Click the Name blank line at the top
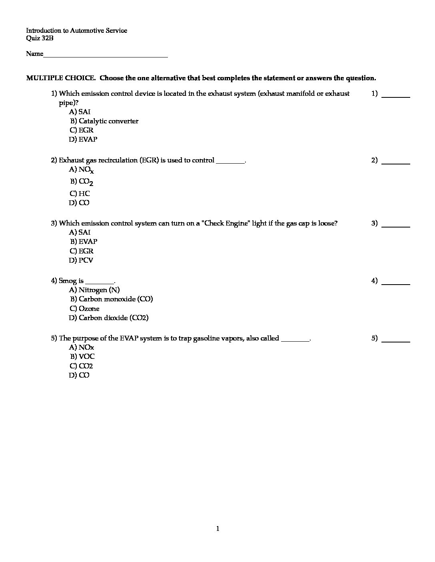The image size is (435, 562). (106, 56)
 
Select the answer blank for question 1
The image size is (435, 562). (396, 96)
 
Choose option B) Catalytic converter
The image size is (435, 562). (104, 121)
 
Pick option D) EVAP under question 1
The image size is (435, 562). (83, 139)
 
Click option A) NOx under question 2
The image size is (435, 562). (82, 170)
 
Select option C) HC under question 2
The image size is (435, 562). (80, 194)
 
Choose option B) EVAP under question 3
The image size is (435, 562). (84, 241)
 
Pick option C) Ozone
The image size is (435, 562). (85, 309)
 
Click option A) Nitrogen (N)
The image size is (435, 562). (94, 290)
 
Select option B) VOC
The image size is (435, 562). (83, 356)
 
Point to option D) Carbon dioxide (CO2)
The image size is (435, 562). (109, 318)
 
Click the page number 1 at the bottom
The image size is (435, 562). (217, 529)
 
